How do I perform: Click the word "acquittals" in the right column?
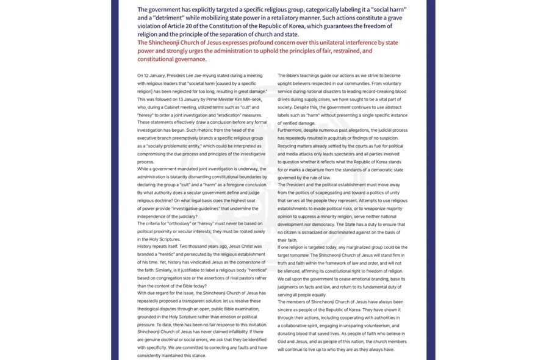point(353,138)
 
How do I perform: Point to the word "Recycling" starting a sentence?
point(289,146)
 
